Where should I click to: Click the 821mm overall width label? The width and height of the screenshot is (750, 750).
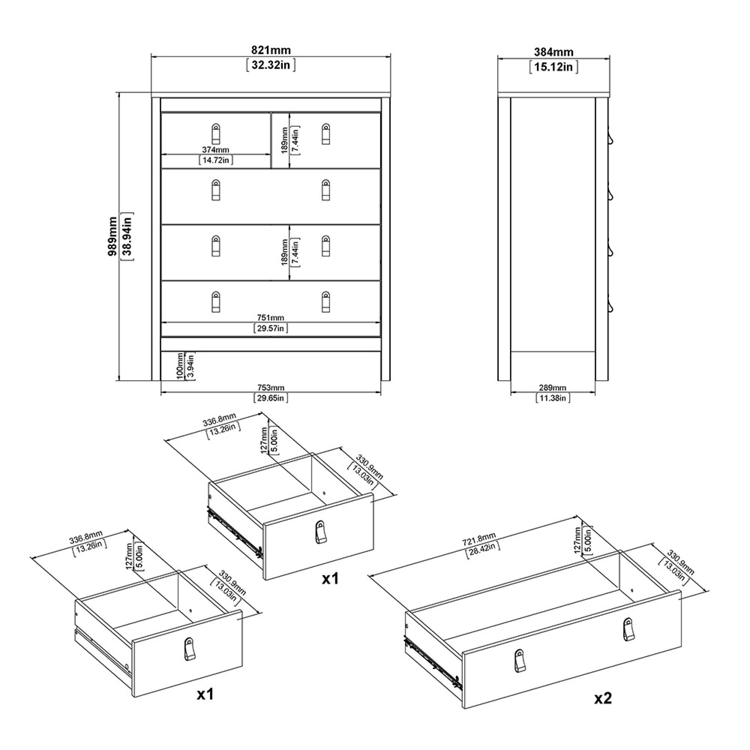[x=271, y=50]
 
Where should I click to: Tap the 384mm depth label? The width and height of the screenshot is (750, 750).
[x=553, y=52]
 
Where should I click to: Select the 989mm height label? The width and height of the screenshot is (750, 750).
[x=112, y=235]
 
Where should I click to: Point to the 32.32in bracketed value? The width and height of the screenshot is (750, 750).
[x=271, y=65]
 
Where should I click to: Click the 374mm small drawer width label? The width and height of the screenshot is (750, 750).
[x=216, y=150]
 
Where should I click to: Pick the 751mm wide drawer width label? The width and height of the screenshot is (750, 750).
[x=271, y=318]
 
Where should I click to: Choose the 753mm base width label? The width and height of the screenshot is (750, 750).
[x=271, y=387]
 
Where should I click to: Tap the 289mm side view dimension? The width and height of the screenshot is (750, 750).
[x=553, y=387]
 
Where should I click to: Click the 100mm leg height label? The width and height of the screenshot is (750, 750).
[x=180, y=366]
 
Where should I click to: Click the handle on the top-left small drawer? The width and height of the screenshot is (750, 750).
[x=216, y=134]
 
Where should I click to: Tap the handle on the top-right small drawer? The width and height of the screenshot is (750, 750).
[x=326, y=134]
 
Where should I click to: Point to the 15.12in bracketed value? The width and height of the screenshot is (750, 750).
[x=553, y=67]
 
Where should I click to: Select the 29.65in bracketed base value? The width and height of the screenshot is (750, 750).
[x=271, y=397]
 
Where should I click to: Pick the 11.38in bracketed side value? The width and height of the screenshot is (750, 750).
[x=553, y=397]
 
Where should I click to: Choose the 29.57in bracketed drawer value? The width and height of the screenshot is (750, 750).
[x=271, y=328]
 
